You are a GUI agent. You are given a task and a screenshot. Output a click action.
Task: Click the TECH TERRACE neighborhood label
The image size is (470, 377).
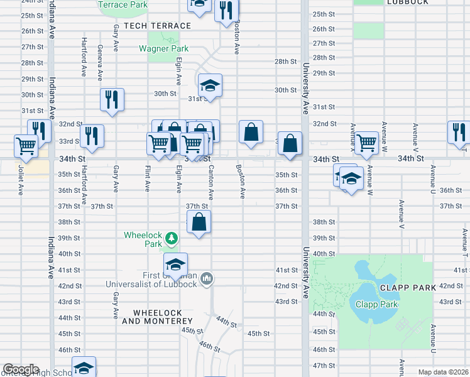[x=157, y=26]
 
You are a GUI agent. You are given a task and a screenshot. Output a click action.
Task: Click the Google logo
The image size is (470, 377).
[x=21, y=369]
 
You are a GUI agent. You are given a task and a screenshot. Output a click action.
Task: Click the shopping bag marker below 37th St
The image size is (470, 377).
[x=199, y=222]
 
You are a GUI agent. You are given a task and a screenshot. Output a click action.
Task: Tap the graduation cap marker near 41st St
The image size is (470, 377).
[x=176, y=264]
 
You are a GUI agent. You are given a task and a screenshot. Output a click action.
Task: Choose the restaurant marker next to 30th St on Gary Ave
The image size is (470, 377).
[x=112, y=99]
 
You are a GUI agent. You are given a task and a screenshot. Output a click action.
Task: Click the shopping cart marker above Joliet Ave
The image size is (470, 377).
[x=26, y=146]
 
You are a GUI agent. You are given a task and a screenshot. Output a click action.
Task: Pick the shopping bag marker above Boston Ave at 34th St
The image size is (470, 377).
[x=251, y=133]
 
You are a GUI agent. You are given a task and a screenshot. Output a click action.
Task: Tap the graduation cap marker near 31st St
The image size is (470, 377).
[x=210, y=85]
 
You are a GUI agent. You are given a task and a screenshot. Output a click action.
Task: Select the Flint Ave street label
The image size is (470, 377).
[x=147, y=178]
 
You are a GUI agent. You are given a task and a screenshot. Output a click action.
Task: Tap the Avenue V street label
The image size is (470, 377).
[x=400, y=216]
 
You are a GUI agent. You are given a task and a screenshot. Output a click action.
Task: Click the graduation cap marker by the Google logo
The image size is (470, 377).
[x=84, y=368]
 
